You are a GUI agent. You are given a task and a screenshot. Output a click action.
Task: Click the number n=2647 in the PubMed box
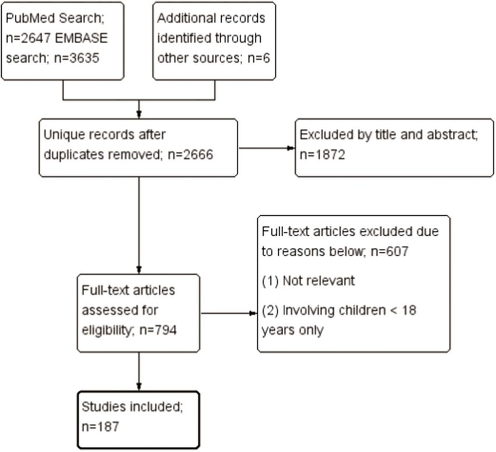point(28,38)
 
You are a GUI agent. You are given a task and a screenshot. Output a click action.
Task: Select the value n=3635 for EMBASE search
point(76,58)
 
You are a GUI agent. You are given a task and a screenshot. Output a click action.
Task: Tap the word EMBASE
point(81,38)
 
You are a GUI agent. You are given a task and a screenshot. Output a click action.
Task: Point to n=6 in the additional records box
point(259,58)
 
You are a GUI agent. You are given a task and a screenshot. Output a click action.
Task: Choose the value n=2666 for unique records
point(190,155)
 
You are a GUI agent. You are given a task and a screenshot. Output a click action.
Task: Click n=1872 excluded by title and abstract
point(322,155)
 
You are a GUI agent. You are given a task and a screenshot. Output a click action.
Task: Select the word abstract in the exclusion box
point(452,135)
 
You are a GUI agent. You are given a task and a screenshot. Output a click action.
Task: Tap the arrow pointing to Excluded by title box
point(267,148)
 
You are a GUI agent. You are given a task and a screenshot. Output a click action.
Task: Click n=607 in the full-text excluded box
point(389,251)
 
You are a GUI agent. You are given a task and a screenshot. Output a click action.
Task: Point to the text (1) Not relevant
point(308,281)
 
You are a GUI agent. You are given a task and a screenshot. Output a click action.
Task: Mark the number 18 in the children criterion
point(409,310)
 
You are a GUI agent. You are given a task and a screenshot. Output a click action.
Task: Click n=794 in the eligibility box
point(158,330)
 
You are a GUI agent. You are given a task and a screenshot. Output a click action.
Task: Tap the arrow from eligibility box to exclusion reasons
point(229,313)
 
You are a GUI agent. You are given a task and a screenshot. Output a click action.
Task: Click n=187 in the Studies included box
point(100,427)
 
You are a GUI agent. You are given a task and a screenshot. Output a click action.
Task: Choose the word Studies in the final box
point(104,407)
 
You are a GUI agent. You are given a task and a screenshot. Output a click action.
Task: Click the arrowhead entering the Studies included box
point(138,387)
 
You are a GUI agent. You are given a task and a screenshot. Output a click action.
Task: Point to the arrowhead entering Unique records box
point(138,114)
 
